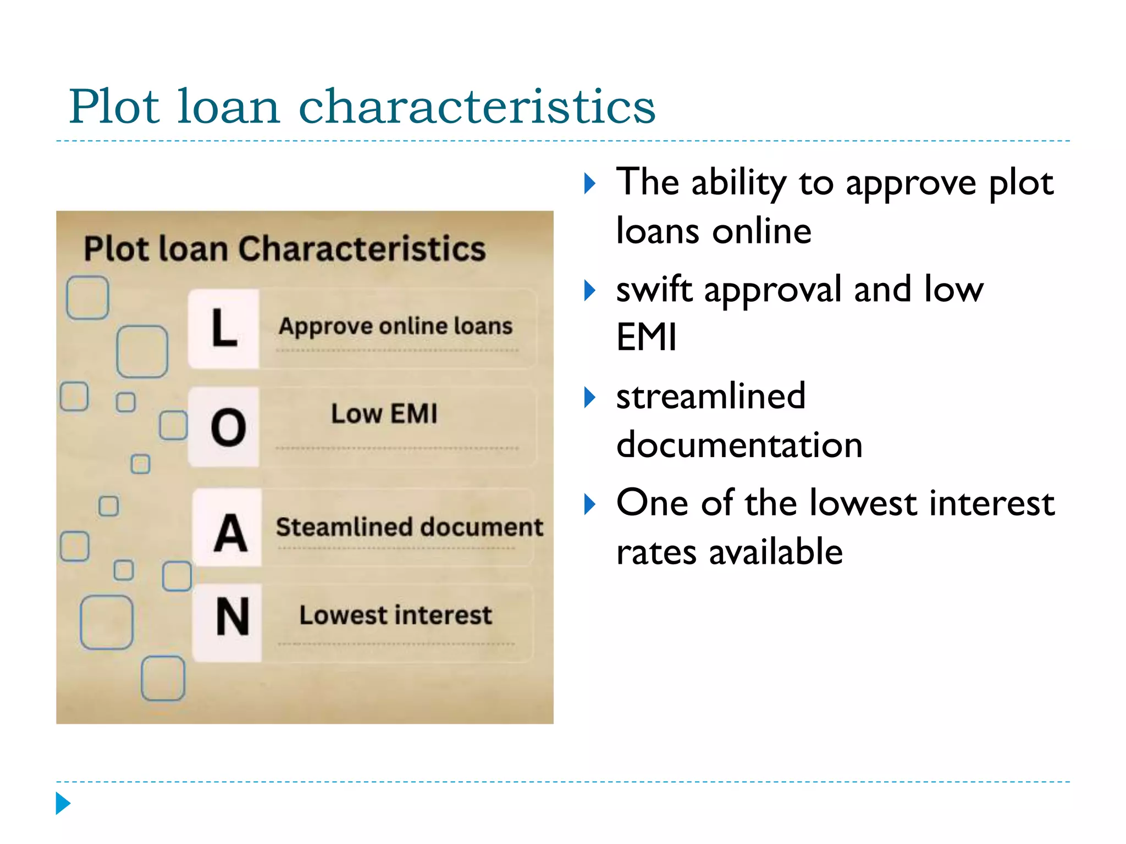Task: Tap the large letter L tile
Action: click(x=224, y=328)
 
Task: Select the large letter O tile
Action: click(x=228, y=427)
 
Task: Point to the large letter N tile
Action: click(x=232, y=618)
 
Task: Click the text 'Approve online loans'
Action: click(x=395, y=326)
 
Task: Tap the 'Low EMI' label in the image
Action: click(x=384, y=414)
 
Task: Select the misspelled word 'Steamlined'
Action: click(x=336, y=526)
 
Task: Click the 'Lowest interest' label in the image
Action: click(x=395, y=615)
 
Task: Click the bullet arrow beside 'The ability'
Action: click(x=589, y=184)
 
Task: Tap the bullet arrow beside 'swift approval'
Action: click(x=589, y=290)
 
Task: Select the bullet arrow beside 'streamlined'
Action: click(x=589, y=397)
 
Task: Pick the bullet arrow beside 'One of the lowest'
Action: click(x=589, y=503)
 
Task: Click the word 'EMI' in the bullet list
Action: click(x=646, y=337)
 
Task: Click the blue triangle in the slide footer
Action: click(x=63, y=803)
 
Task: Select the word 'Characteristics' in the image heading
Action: click(x=362, y=249)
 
